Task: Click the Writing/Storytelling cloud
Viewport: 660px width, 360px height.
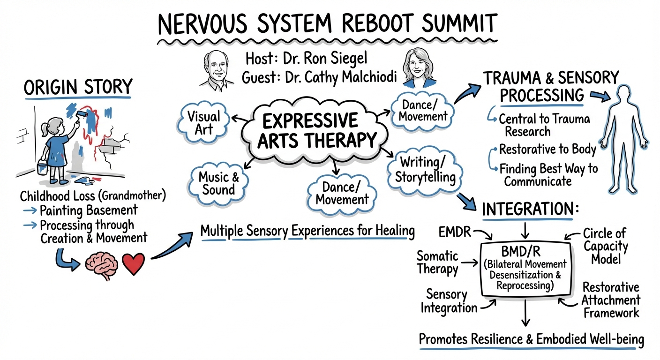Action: point(425,170)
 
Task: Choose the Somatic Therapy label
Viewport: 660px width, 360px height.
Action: point(437,262)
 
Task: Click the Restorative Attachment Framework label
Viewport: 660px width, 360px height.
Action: point(610,300)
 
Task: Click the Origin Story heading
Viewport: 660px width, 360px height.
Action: point(78,88)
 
